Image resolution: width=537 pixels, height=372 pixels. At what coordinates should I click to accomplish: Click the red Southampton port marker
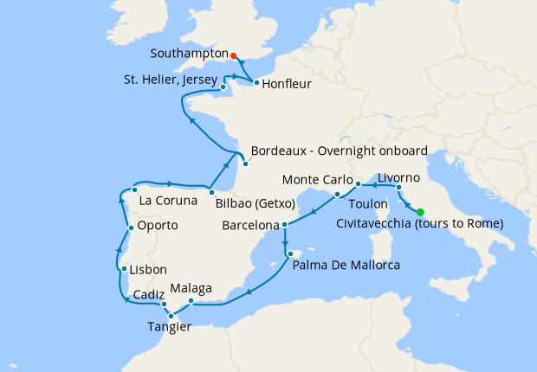(234, 55)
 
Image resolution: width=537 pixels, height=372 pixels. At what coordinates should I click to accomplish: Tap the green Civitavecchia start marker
(420, 212)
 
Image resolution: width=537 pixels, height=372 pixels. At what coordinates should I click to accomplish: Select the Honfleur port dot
(256, 83)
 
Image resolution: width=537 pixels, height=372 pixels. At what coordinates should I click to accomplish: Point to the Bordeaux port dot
(245, 164)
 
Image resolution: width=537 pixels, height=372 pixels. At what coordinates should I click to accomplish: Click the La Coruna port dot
(135, 189)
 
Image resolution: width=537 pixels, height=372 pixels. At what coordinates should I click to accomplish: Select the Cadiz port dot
(164, 305)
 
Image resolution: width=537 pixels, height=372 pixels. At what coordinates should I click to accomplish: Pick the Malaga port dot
(191, 303)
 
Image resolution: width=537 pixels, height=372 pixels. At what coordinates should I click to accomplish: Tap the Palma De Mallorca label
(346, 265)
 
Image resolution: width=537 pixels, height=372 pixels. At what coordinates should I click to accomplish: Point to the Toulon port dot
(337, 195)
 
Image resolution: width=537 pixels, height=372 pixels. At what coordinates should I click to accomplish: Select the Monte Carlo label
(314, 181)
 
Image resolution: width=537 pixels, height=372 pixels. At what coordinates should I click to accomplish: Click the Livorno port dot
(398, 188)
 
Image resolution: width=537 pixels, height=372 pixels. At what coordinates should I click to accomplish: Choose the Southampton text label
(188, 53)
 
